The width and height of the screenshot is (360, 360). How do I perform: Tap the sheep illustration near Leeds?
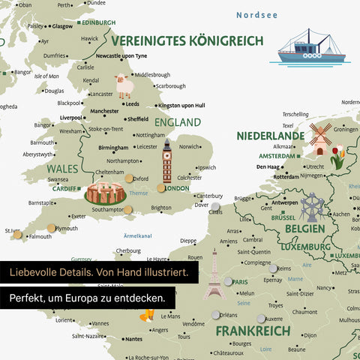(x=124, y=86)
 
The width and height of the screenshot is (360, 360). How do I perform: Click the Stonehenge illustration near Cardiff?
(x=104, y=193)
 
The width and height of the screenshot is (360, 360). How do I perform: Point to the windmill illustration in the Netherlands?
(x=321, y=139)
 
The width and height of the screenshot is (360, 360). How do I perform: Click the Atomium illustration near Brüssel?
(x=310, y=206)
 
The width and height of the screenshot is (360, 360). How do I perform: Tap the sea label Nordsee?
(x=257, y=14)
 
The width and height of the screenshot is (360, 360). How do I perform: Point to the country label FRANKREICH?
(x=252, y=331)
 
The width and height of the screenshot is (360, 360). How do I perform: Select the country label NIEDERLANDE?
(x=271, y=136)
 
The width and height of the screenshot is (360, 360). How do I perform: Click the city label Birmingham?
(x=113, y=148)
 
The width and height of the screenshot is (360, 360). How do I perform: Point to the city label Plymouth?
(x=67, y=228)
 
